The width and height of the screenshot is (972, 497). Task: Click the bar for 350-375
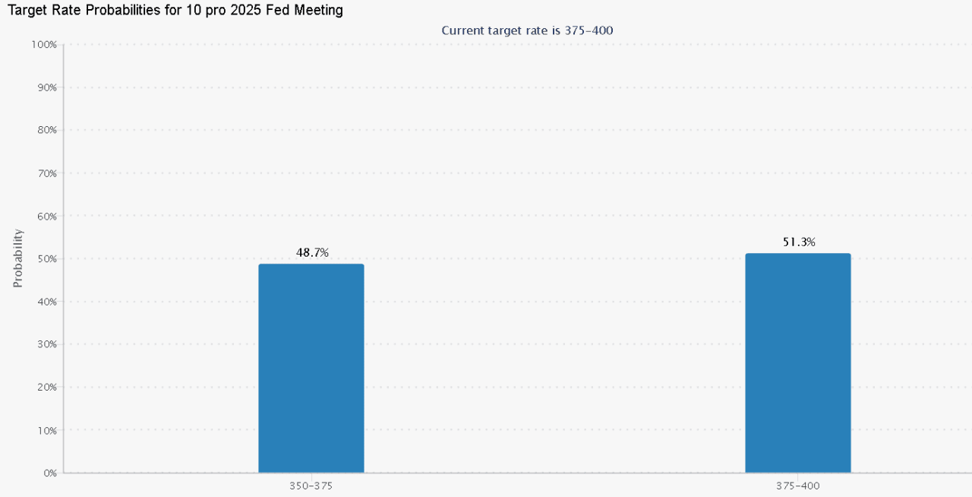coord(311,369)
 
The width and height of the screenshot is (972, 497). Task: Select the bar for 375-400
coord(797,362)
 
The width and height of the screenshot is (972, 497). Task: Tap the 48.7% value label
coord(312,252)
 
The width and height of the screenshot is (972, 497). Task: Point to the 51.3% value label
coord(799,242)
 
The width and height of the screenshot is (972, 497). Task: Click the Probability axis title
coord(18,258)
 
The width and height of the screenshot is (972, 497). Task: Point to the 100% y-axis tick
coord(43,45)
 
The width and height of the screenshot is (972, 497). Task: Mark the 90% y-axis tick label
coord(46,87)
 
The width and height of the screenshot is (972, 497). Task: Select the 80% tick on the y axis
coord(46,130)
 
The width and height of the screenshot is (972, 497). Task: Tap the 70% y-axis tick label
coord(46,173)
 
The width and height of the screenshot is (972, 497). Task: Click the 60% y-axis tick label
coord(46,216)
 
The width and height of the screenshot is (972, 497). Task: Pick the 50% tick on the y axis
coord(46,258)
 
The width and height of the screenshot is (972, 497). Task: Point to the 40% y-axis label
coord(46,302)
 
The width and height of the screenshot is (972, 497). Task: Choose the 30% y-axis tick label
coord(46,344)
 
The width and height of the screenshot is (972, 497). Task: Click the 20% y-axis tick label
coord(46,387)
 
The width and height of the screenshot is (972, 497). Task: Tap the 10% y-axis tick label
coord(46,430)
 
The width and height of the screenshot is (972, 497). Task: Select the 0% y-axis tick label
coord(49,473)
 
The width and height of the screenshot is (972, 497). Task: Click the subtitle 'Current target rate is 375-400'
coord(527,30)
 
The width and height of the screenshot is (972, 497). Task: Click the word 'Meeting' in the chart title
coord(318,11)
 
